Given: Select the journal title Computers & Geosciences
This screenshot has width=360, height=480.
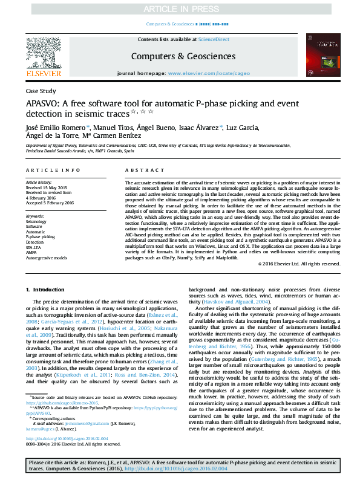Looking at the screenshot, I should click(180, 56).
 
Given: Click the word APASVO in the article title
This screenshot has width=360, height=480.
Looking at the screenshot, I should click(44, 103).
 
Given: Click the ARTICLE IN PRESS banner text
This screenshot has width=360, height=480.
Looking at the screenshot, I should click(180, 10).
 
